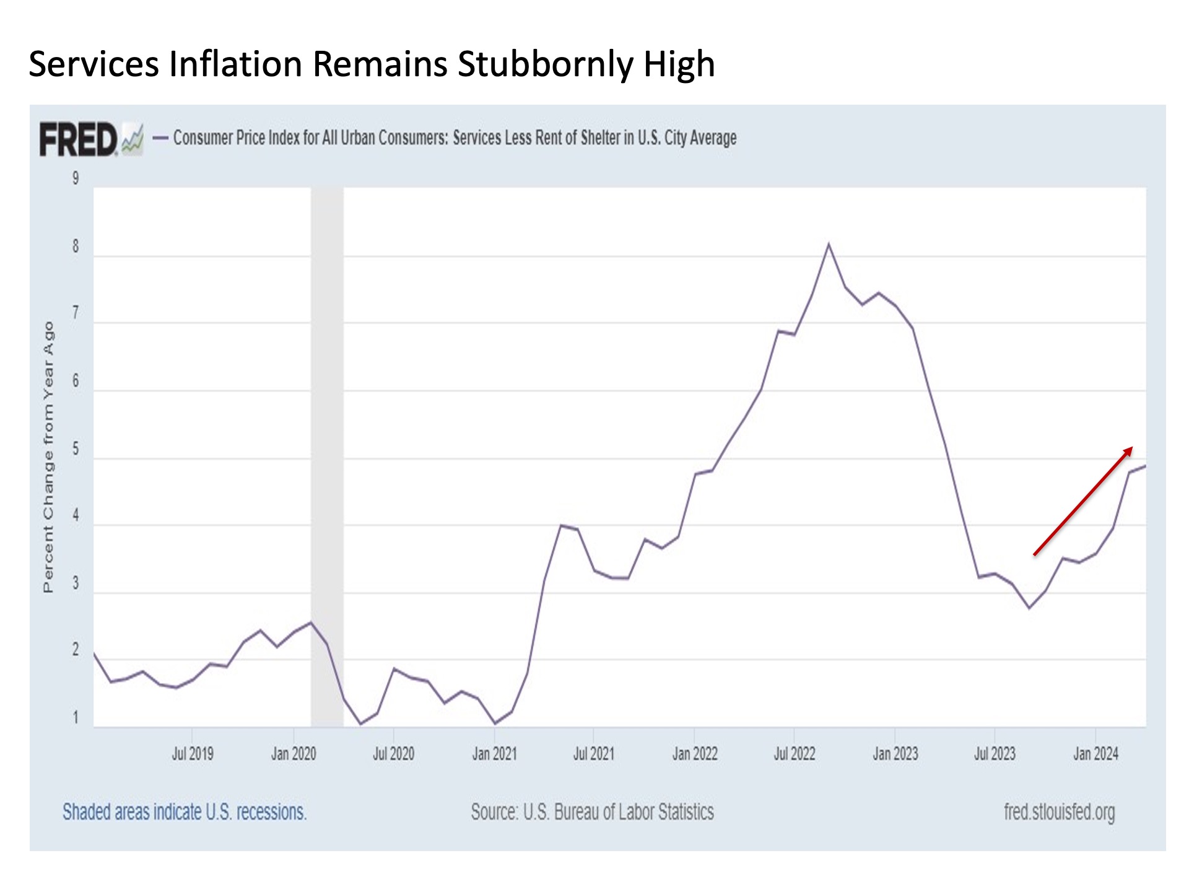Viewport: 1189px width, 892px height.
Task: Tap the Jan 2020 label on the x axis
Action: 294,754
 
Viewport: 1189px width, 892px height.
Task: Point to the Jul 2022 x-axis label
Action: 795,754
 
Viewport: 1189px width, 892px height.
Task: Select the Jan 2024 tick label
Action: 1095,754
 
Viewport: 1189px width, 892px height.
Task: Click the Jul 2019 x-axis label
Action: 193,754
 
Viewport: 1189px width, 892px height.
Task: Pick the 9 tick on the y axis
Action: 76,178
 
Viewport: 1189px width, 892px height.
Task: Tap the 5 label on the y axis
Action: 76,448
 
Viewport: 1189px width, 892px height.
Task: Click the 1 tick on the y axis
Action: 76,718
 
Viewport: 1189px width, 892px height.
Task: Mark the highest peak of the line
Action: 829,244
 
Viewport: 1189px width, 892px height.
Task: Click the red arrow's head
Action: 1129,450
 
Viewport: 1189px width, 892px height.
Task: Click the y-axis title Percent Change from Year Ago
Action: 48,457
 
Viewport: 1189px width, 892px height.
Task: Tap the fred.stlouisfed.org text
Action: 1059,811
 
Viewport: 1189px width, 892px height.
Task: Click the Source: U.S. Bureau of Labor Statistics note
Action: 592,811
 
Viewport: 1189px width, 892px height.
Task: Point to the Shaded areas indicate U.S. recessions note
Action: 185,811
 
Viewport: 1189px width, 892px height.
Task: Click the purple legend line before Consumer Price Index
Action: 160,138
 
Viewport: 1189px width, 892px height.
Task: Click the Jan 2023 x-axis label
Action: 895,754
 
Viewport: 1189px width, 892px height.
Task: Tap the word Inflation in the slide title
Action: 235,64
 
